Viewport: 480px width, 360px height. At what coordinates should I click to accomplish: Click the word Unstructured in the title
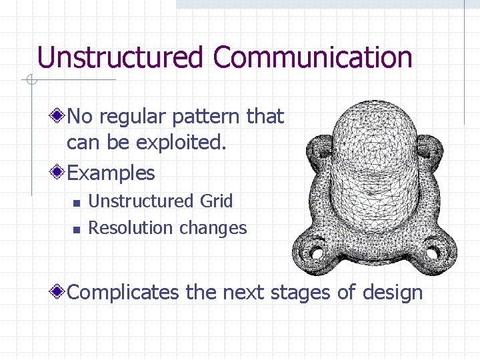point(120,57)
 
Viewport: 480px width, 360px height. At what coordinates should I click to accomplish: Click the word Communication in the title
point(313,57)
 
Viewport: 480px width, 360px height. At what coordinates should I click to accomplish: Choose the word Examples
point(111,173)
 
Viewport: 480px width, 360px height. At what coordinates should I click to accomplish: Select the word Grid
point(216,201)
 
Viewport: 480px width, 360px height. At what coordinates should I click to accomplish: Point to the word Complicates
point(123,293)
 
